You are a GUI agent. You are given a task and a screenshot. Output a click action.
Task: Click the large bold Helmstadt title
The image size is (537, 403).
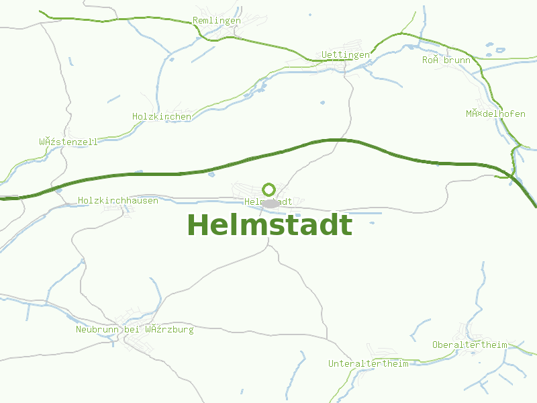tap(269, 226)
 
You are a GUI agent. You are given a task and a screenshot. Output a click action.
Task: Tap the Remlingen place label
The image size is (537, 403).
tap(216, 21)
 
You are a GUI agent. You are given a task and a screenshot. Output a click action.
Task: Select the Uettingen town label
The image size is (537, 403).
tap(345, 54)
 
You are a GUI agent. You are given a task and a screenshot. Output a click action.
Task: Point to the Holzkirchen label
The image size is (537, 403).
tap(162, 117)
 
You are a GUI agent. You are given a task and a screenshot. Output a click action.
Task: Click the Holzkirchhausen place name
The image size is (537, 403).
tap(118, 201)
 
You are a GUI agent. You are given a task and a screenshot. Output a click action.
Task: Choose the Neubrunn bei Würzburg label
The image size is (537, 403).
tap(134, 330)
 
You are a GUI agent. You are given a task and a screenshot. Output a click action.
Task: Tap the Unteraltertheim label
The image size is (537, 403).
tap(368, 364)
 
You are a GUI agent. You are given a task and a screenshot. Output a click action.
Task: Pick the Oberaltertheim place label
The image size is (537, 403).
tap(470, 345)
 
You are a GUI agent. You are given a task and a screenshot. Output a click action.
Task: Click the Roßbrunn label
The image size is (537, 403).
tap(446, 60)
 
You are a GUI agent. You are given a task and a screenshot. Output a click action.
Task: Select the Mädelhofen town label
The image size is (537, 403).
tap(495, 114)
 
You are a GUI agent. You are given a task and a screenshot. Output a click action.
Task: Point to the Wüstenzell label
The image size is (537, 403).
tap(68, 142)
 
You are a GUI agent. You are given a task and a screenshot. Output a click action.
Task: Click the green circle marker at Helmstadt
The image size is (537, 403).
tap(269, 189)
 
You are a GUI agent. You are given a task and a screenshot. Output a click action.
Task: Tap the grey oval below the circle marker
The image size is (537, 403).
tap(270, 203)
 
